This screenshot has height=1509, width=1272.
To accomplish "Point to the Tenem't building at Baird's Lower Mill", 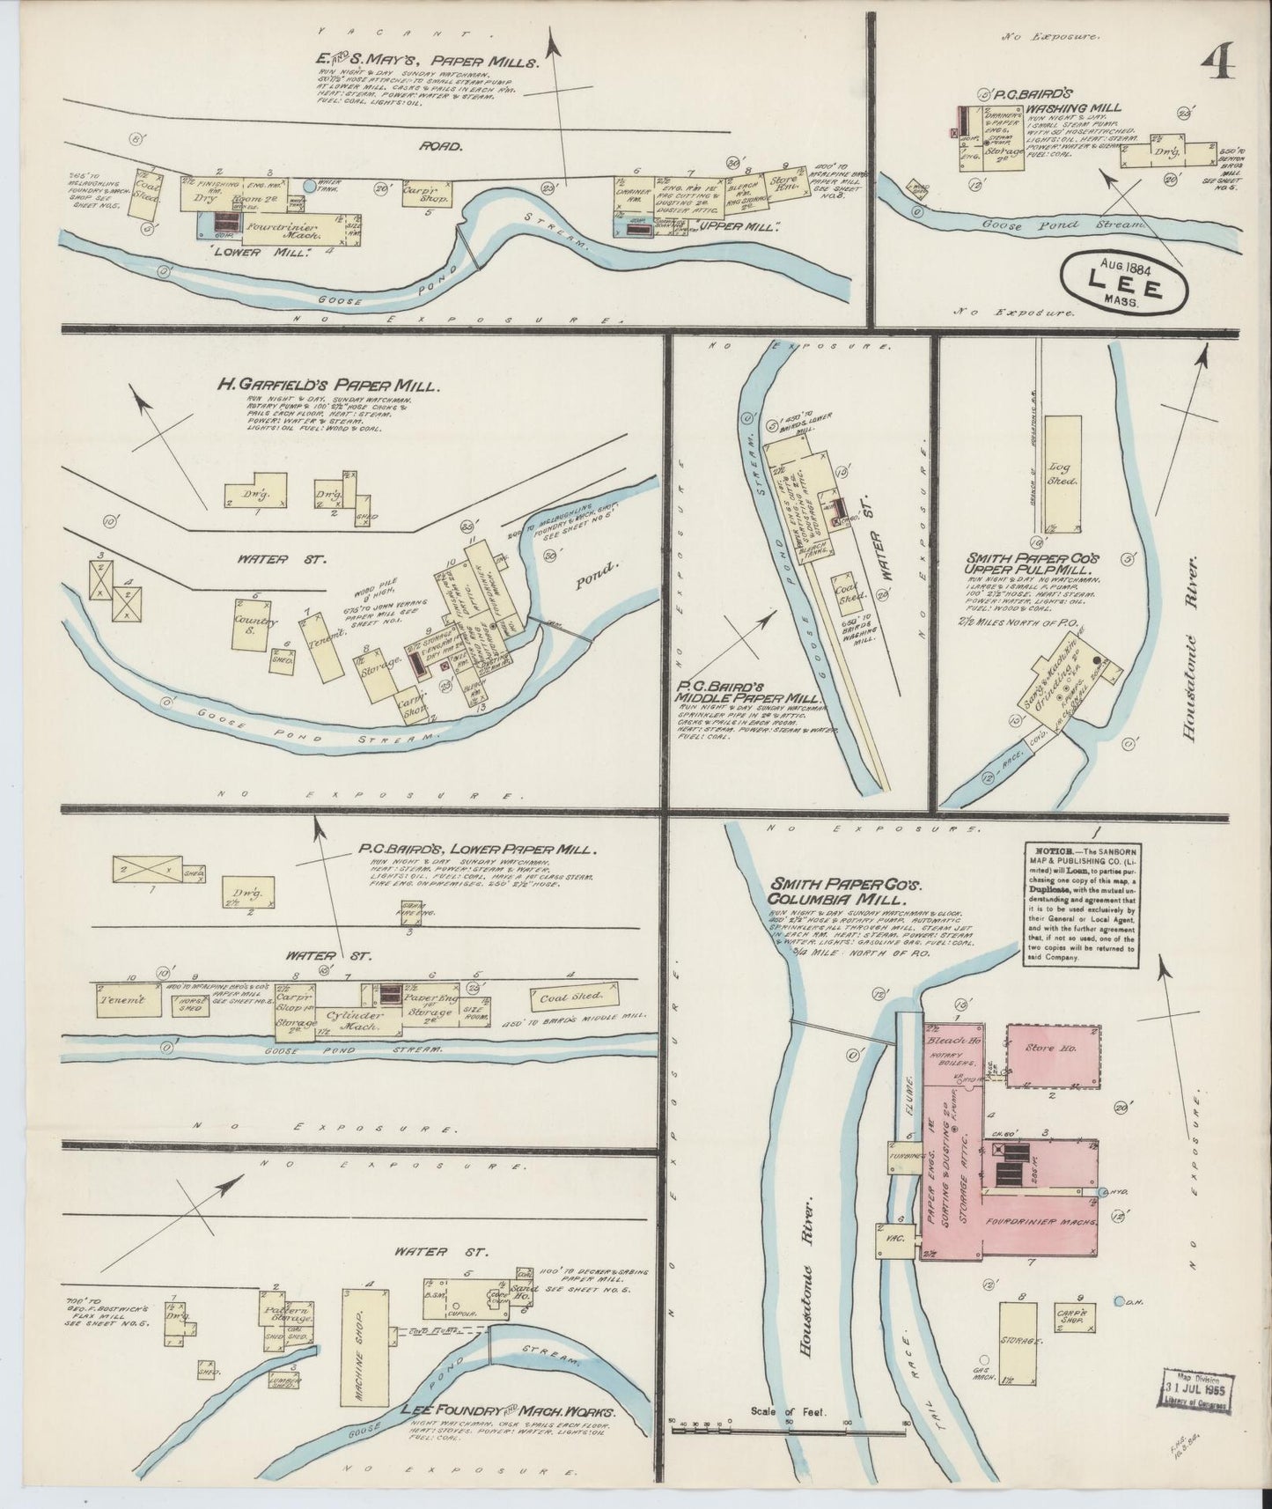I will (x=128, y=1001).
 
